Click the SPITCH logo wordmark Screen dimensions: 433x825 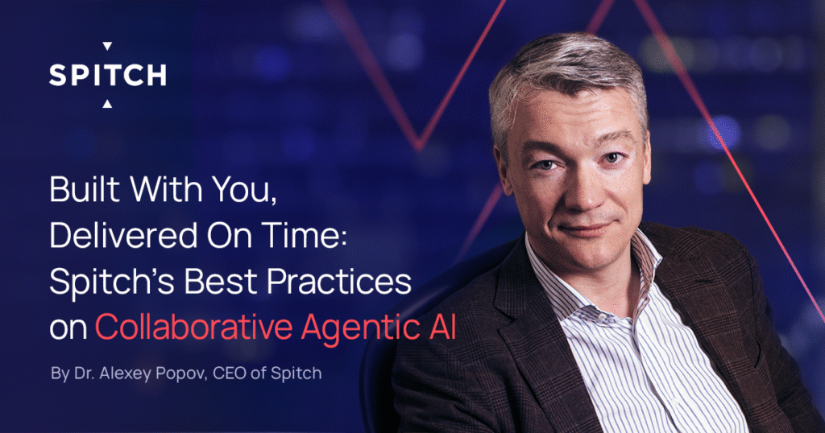[x=107, y=75]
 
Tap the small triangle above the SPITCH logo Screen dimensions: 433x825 [x=107, y=47]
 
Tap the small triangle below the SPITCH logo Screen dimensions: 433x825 [x=107, y=103]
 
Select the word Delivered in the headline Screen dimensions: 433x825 [x=114, y=237]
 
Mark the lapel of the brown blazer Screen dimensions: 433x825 [x=516, y=322]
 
